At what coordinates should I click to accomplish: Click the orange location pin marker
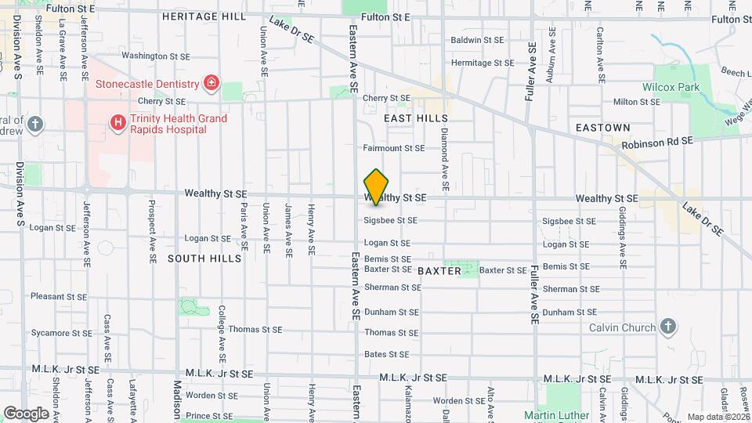pyautogui.click(x=377, y=186)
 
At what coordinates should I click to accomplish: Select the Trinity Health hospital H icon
pyautogui.click(x=117, y=122)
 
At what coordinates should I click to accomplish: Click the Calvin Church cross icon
pyautogui.click(x=667, y=326)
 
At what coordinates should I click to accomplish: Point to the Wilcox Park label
pyautogui.click(x=671, y=88)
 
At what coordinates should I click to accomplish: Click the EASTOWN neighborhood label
pyautogui.click(x=602, y=127)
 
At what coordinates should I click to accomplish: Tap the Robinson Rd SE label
pyautogui.click(x=657, y=144)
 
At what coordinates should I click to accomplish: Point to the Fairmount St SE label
pyautogui.click(x=394, y=148)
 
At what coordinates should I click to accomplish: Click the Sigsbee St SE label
pyautogui.click(x=390, y=221)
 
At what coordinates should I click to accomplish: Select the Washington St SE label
pyautogui.click(x=155, y=56)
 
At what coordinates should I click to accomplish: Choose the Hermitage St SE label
pyautogui.click(x=483, y=63)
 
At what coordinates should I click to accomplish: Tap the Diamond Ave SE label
pyautogui.click(x=444, y=160)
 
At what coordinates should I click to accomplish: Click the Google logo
pyautogui.click(x=26, y=413)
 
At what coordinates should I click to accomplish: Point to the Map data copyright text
pyautogui.click(x=718, y=417)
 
